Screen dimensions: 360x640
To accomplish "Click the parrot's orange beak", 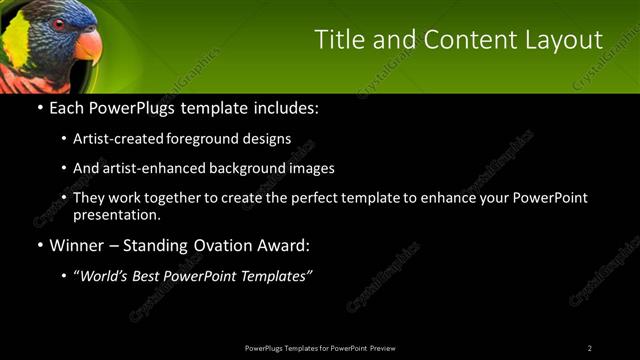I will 87,45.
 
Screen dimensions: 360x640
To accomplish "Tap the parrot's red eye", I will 59,23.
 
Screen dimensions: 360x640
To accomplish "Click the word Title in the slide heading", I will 337,40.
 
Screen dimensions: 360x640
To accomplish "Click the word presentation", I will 117,214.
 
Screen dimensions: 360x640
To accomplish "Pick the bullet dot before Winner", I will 39,245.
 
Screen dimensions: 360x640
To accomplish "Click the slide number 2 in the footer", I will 590,348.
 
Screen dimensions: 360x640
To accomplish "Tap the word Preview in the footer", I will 383,348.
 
